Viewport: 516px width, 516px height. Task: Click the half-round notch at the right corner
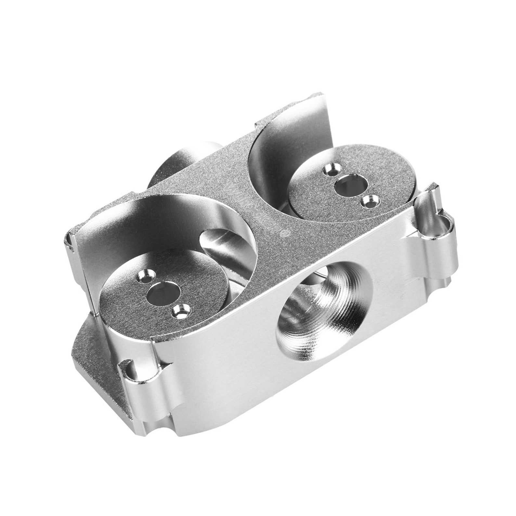pos(444,224)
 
